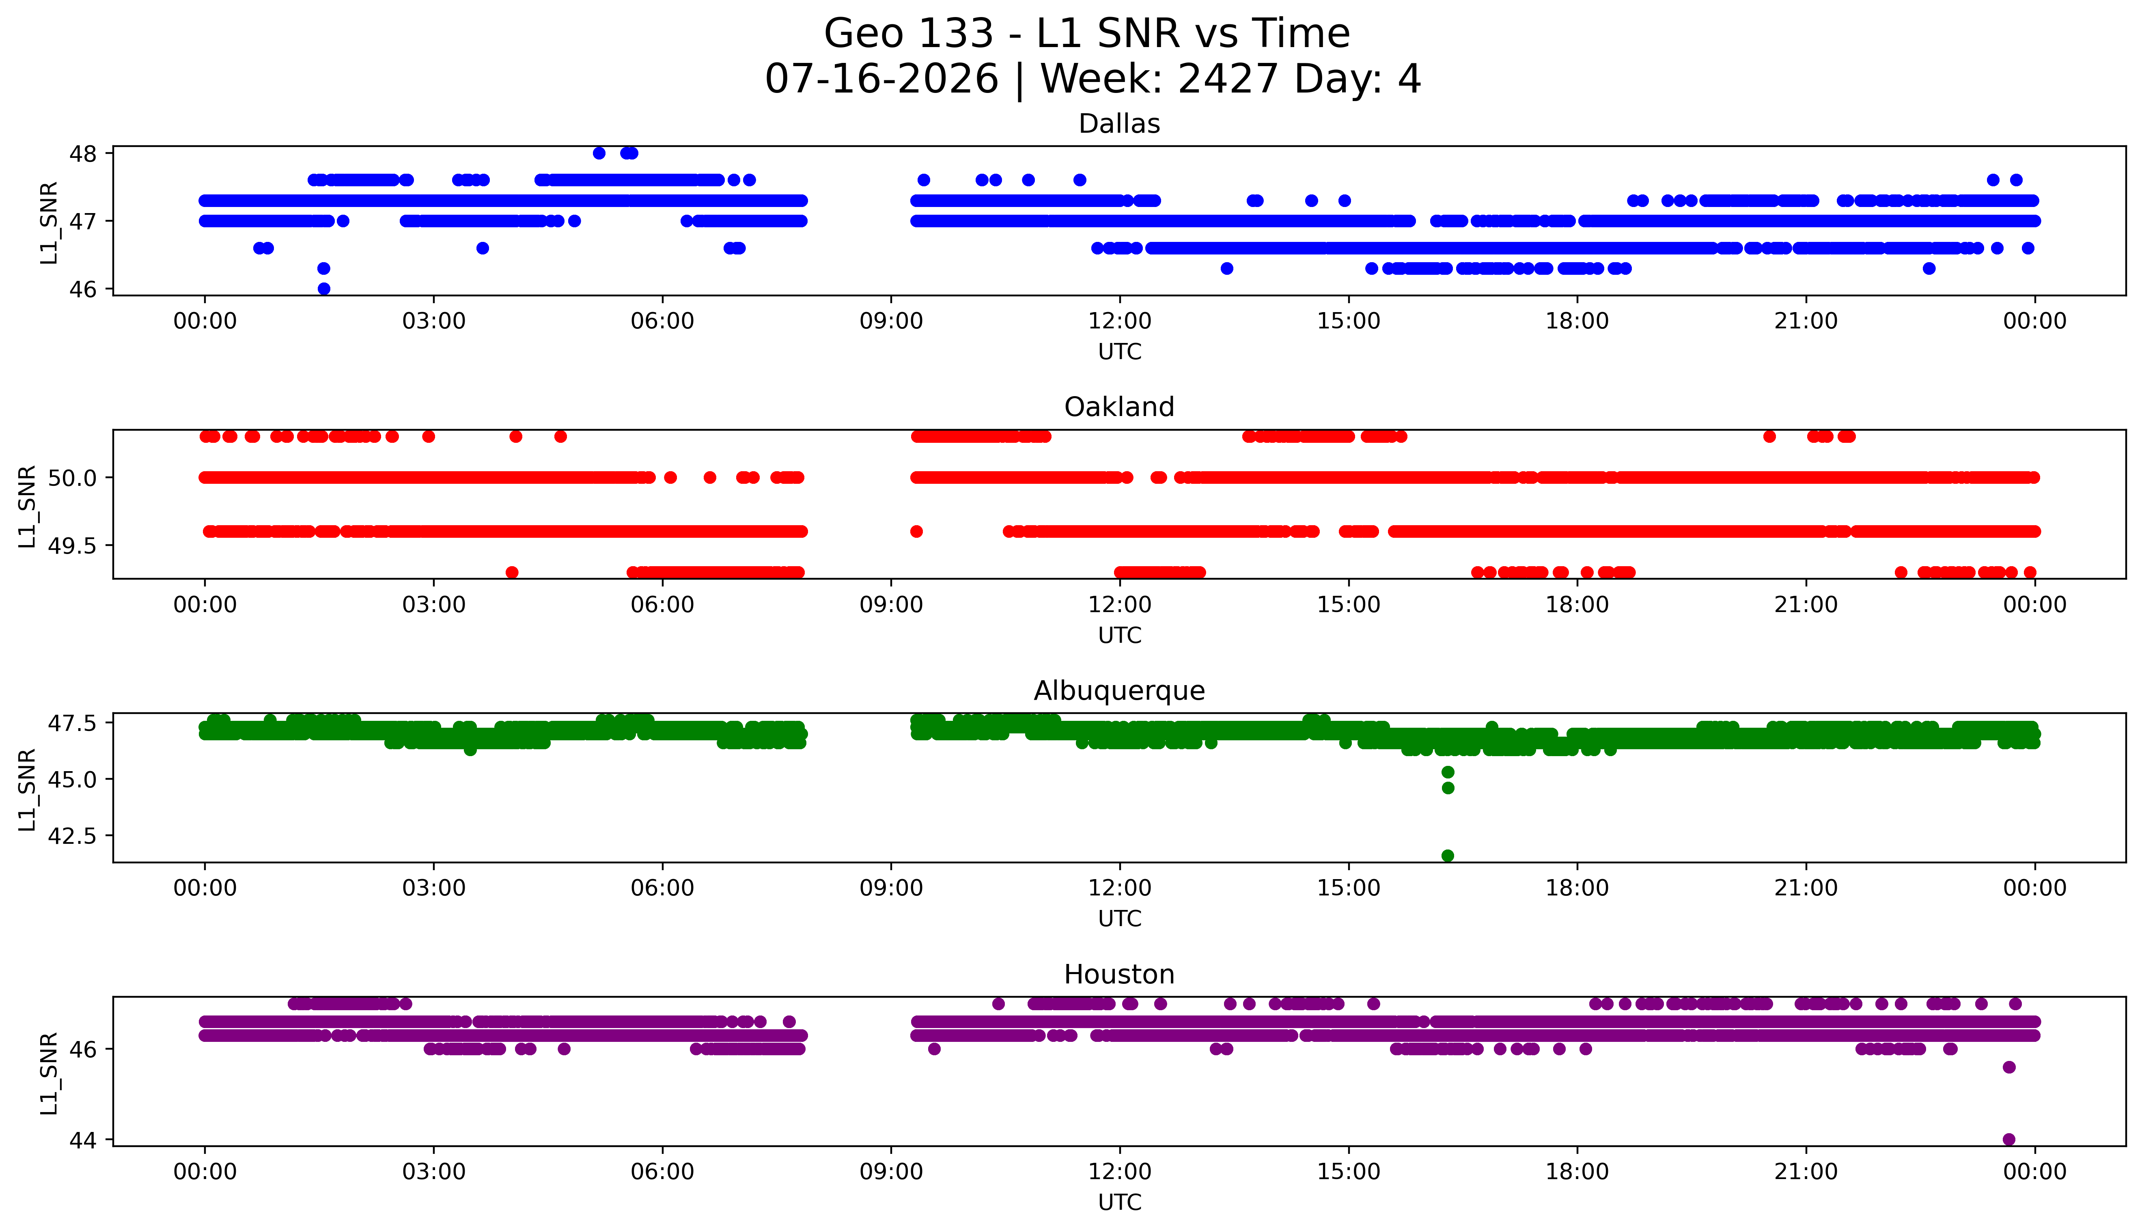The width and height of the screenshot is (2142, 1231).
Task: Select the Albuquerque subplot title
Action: [x=1119, y=691]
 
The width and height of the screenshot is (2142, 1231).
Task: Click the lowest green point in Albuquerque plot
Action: [x=1447, y=856]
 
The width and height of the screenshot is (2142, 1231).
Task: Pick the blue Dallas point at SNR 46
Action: [x=324, y=288]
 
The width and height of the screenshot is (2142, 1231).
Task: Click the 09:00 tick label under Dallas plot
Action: [x=891, y=321]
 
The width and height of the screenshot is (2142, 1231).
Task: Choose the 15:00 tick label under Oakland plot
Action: [x=1348, y=604]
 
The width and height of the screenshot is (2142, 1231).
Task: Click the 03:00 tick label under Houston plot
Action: [x=434, y=1172]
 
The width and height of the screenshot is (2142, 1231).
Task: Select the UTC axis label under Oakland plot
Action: [x=1119, y=635]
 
